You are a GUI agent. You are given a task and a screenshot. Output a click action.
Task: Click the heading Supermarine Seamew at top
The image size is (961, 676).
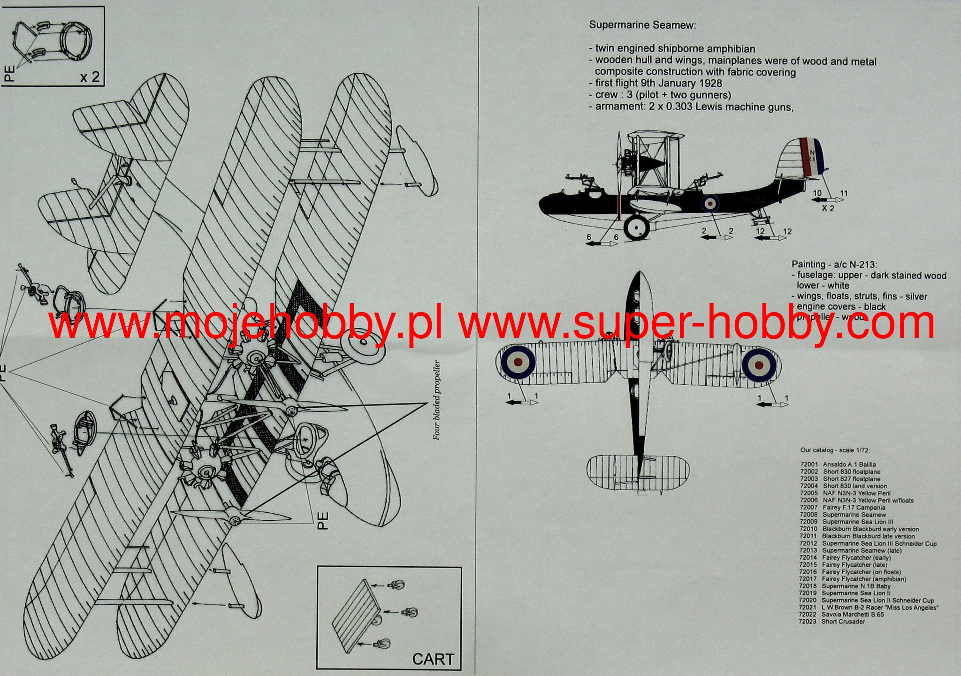(x=642, y=25)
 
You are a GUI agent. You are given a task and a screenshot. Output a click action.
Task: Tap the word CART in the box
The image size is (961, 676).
(x=433, y=659)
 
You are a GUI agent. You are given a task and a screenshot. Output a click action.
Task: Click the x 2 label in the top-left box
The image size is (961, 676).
(x=89, y=76)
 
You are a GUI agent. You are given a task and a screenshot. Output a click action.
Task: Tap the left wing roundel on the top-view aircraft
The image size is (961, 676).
(x=518, y=362)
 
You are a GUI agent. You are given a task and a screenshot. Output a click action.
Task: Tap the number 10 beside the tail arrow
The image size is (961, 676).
(x=817, y=193)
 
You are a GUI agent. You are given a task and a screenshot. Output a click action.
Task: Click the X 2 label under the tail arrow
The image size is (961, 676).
(x=828, y=208)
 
